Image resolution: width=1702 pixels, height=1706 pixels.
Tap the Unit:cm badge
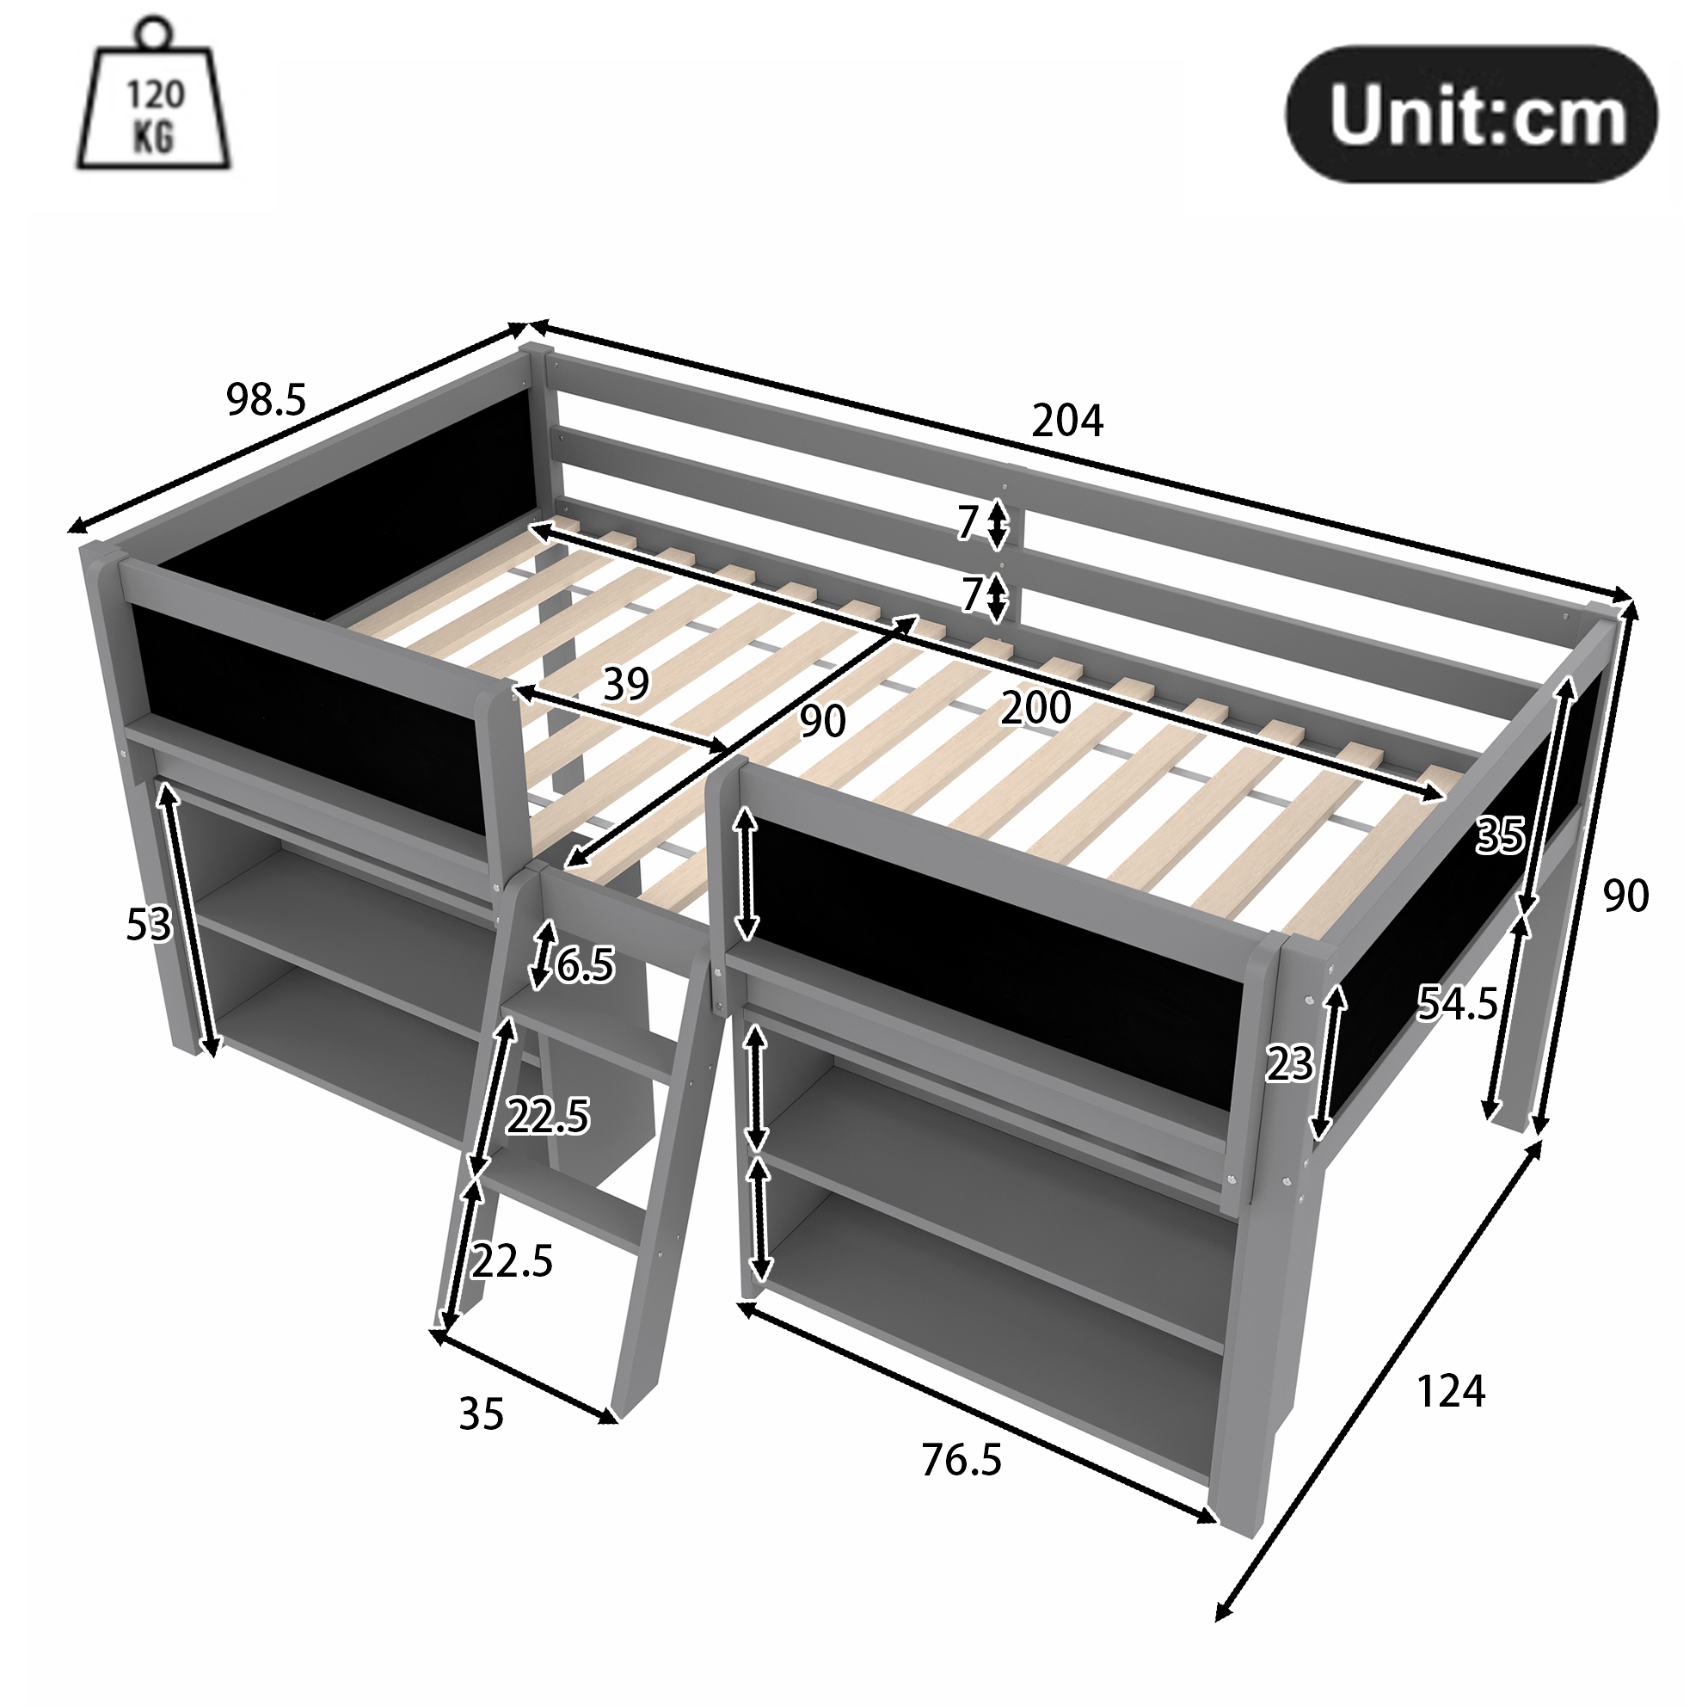[1471, 114]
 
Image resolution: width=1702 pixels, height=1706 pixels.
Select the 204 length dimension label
[1067, 421]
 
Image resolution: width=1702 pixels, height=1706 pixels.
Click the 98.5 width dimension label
[266, 399]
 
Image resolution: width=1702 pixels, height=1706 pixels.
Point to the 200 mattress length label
[1035, 707]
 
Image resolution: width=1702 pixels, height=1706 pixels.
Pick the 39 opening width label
[626, 683]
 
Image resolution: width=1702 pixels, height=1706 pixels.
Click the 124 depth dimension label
[1450, 1392]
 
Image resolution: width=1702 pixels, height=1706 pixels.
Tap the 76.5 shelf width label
[962, 1461]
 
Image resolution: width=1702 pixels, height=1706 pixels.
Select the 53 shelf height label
[148, 925]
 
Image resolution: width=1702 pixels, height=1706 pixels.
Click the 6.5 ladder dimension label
[585, 964]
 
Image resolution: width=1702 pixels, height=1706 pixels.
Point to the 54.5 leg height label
[1458, 1003]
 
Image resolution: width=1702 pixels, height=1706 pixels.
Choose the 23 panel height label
[1290, 1064]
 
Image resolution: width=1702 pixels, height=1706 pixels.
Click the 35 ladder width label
[481, 1413]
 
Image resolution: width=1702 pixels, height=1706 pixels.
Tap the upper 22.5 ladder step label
[547, 1117]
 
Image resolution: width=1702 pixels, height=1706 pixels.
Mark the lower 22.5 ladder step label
[512, 1261]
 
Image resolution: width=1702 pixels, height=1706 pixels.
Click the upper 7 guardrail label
[968, 523]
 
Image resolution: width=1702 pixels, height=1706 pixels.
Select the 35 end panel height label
[1501, 835]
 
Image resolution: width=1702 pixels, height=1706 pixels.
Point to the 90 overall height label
[1625, 896]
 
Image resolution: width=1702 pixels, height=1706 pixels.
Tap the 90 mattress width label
[823, 721]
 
